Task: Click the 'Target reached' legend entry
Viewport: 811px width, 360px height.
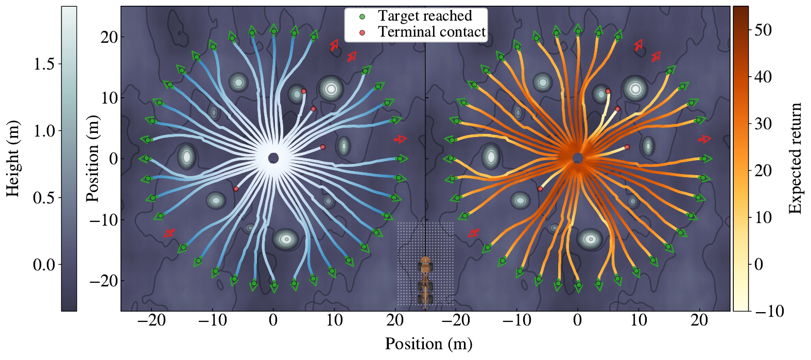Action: (x=425, y=16)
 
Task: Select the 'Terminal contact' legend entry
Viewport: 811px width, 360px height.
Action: (x=432, y=32)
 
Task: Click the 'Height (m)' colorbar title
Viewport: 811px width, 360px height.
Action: (x=12, y=159)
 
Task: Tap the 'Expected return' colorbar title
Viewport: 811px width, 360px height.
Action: (x=796, y=159)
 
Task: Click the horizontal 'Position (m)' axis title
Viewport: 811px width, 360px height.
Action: (x=428, y=344)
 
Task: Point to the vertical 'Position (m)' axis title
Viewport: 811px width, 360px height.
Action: (x=93, y=159)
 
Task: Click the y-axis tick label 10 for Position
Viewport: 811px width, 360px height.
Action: (x=109, y=98)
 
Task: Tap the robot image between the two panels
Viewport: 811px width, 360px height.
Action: (x=425, y=281)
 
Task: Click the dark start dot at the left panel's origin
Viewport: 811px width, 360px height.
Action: (x=273, y=158)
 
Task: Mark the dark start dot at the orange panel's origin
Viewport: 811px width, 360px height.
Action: (x=578, y=158)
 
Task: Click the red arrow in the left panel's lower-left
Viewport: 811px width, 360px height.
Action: (x=169, y=233)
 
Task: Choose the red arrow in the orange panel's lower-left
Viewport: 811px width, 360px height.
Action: (x=473, y=233)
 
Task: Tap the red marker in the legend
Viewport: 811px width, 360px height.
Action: (x=362, y=32)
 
